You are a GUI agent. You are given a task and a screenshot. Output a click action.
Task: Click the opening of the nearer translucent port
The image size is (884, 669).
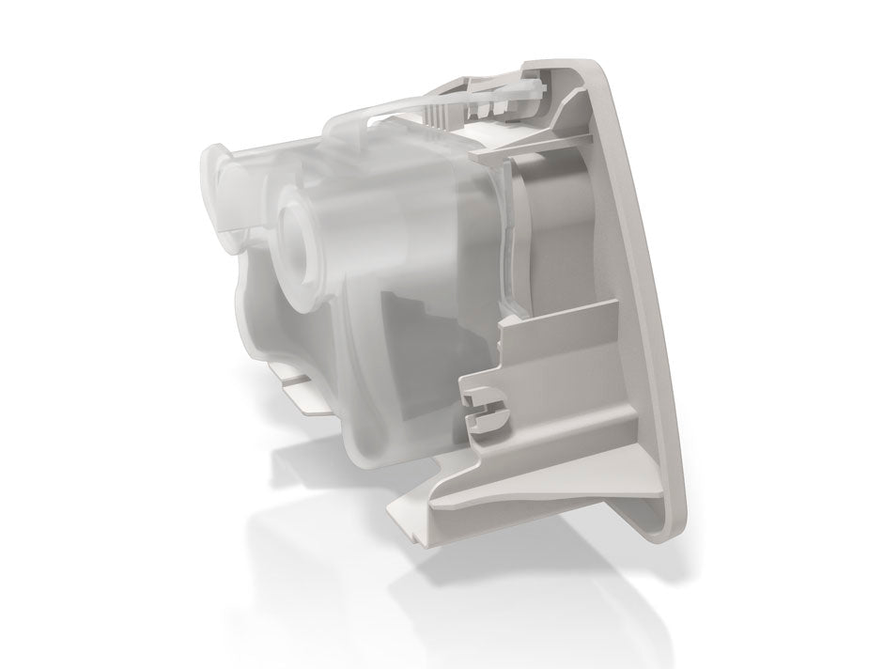(x=299, y=226)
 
